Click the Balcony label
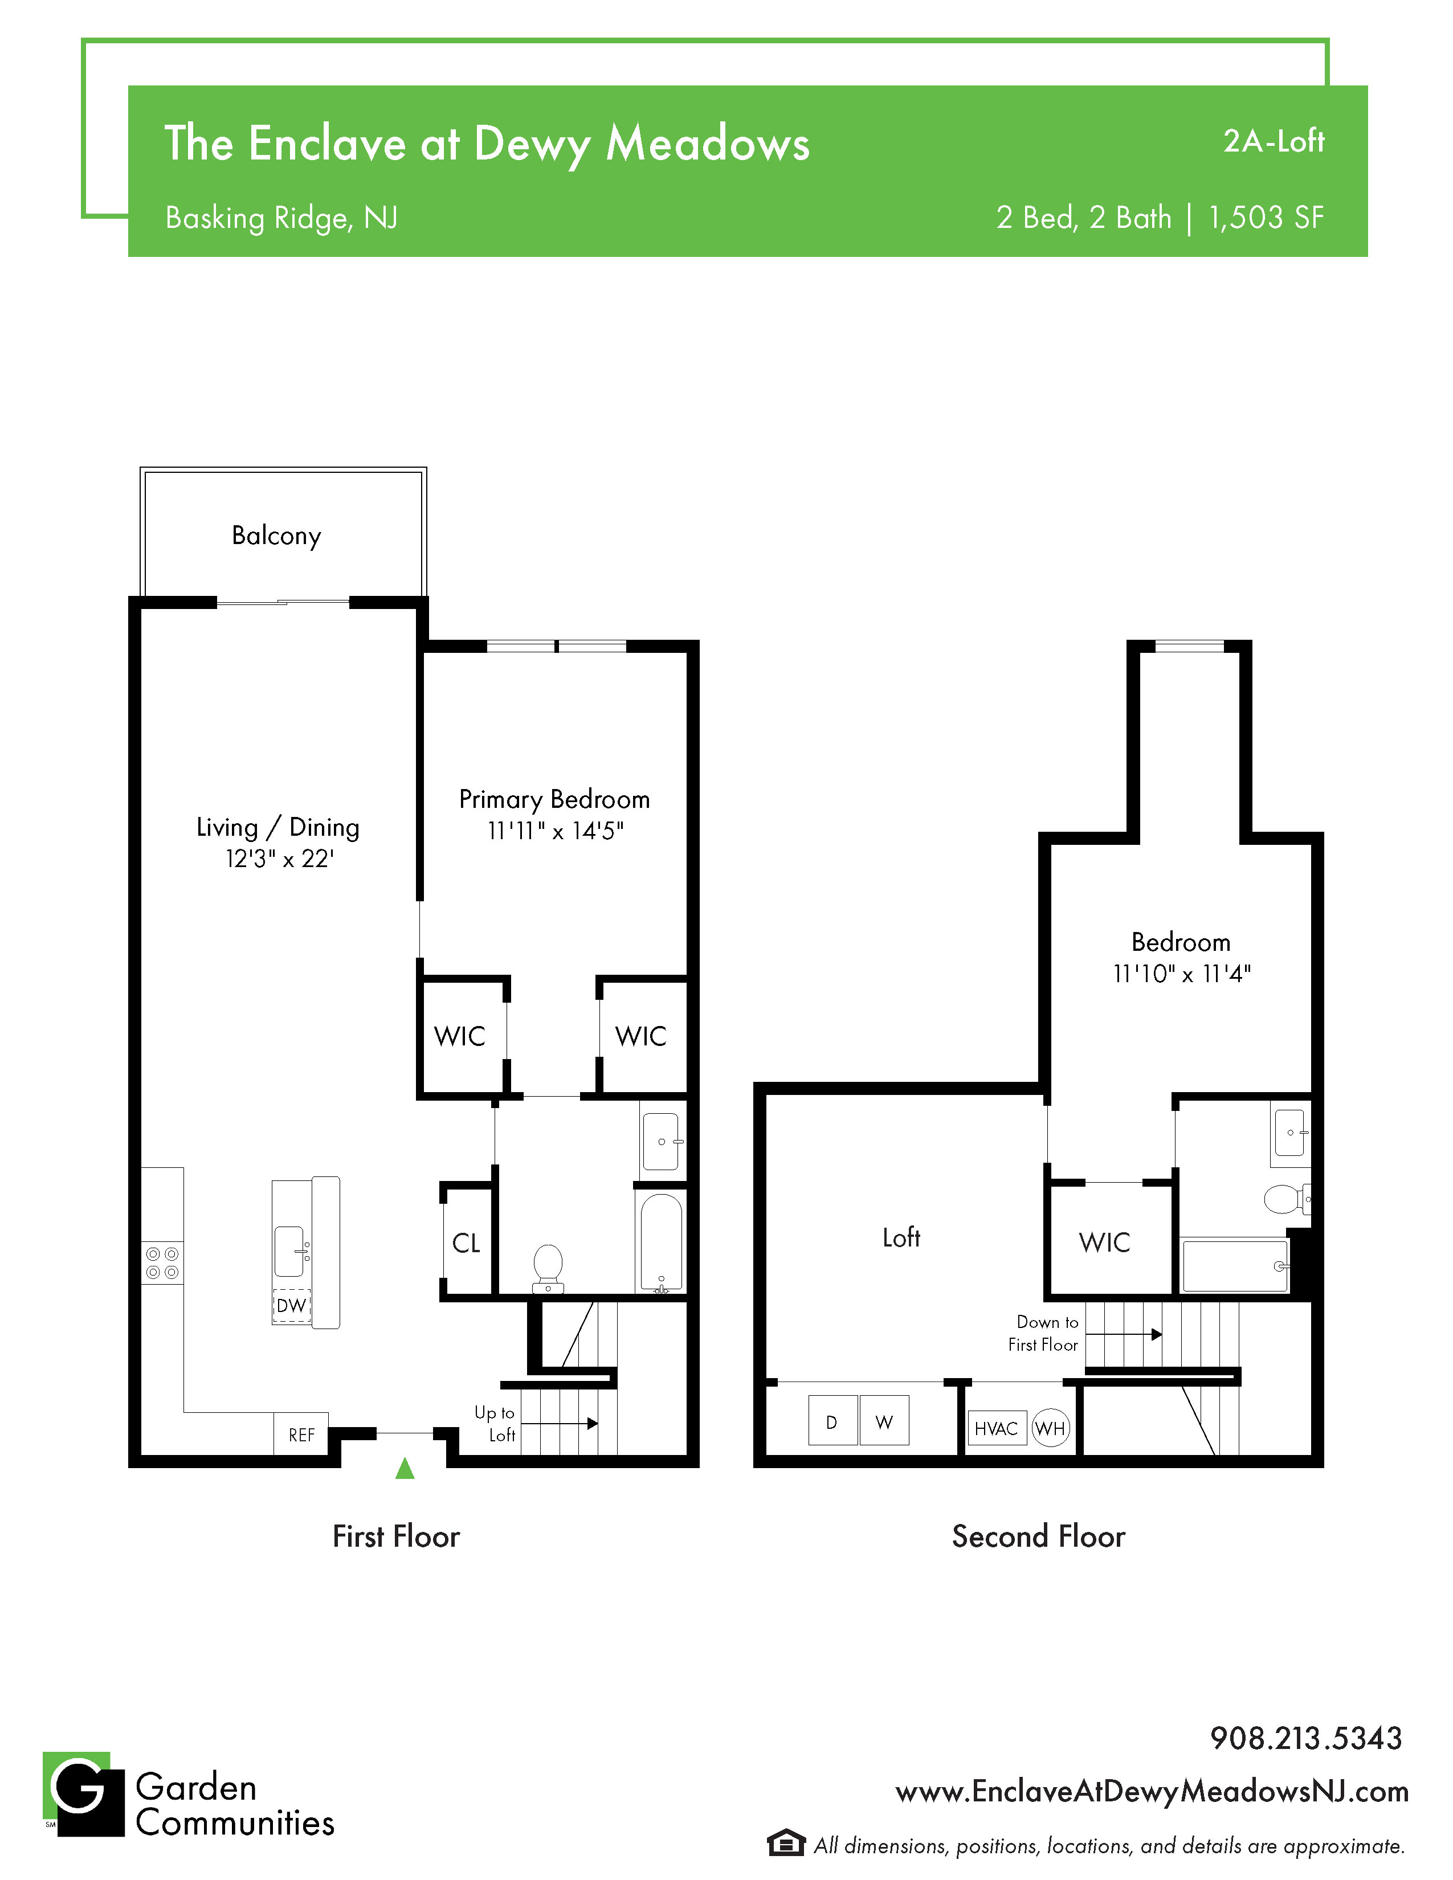point(276,536)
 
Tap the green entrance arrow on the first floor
point(405,1468)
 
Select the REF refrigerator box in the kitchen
point(301,1434)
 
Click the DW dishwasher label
point(291,1305)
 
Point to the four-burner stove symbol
point(162,1263)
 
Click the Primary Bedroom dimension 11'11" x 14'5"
point(555,831)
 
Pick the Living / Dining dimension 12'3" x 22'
point(279,858)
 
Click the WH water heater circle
point(1050,1428)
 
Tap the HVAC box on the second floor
point(997,1428)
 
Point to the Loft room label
point(901,1237)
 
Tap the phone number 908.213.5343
point(1306,1738)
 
